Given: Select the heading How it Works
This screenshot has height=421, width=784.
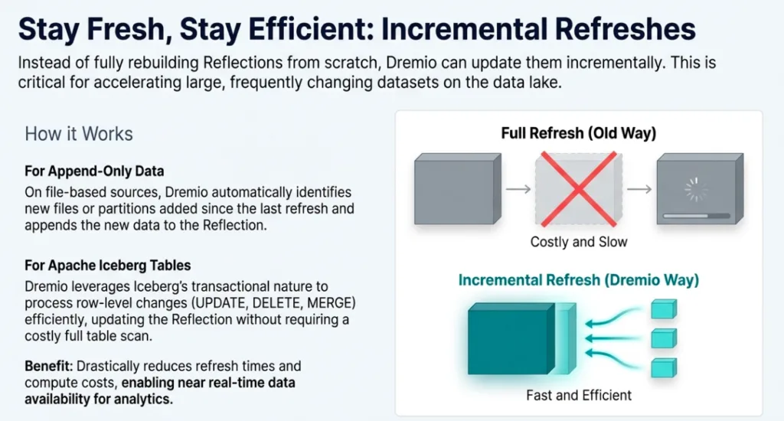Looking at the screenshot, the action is click(x=79, y=134).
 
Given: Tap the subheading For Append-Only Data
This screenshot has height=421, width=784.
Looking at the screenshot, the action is click(x=94, y=171).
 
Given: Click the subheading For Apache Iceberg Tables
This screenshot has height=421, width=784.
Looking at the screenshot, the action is click(x=108, y=265).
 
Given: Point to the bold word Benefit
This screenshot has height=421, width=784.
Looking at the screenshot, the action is click(x=48, y=366).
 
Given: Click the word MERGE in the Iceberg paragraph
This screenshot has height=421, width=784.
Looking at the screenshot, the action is click(x=331, y=303).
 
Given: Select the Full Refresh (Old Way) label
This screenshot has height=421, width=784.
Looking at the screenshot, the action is click(x=579, y=133).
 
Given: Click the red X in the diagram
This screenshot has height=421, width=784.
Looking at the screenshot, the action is click(x=579, y=189).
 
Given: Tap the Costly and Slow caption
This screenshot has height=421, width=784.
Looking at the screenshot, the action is click(x=579, y=242).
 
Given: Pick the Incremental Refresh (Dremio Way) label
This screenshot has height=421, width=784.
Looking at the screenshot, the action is click(x=579, y=280).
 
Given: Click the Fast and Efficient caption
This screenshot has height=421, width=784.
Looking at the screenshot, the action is click(x=579, y=396).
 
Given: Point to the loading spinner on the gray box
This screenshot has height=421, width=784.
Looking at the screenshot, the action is click(x=696, y=190).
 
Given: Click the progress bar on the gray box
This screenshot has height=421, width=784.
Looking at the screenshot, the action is click(x=697, y=216).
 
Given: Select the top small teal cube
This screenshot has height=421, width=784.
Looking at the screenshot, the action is click(x=664, y=309).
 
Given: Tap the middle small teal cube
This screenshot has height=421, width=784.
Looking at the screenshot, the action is click(x=664, y=338).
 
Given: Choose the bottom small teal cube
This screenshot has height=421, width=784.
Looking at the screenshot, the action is click(x=664, y=368).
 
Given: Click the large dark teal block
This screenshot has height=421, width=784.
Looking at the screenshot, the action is click(x=511, y=339).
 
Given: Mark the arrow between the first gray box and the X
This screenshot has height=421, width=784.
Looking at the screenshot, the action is click(x=518, y=189).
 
